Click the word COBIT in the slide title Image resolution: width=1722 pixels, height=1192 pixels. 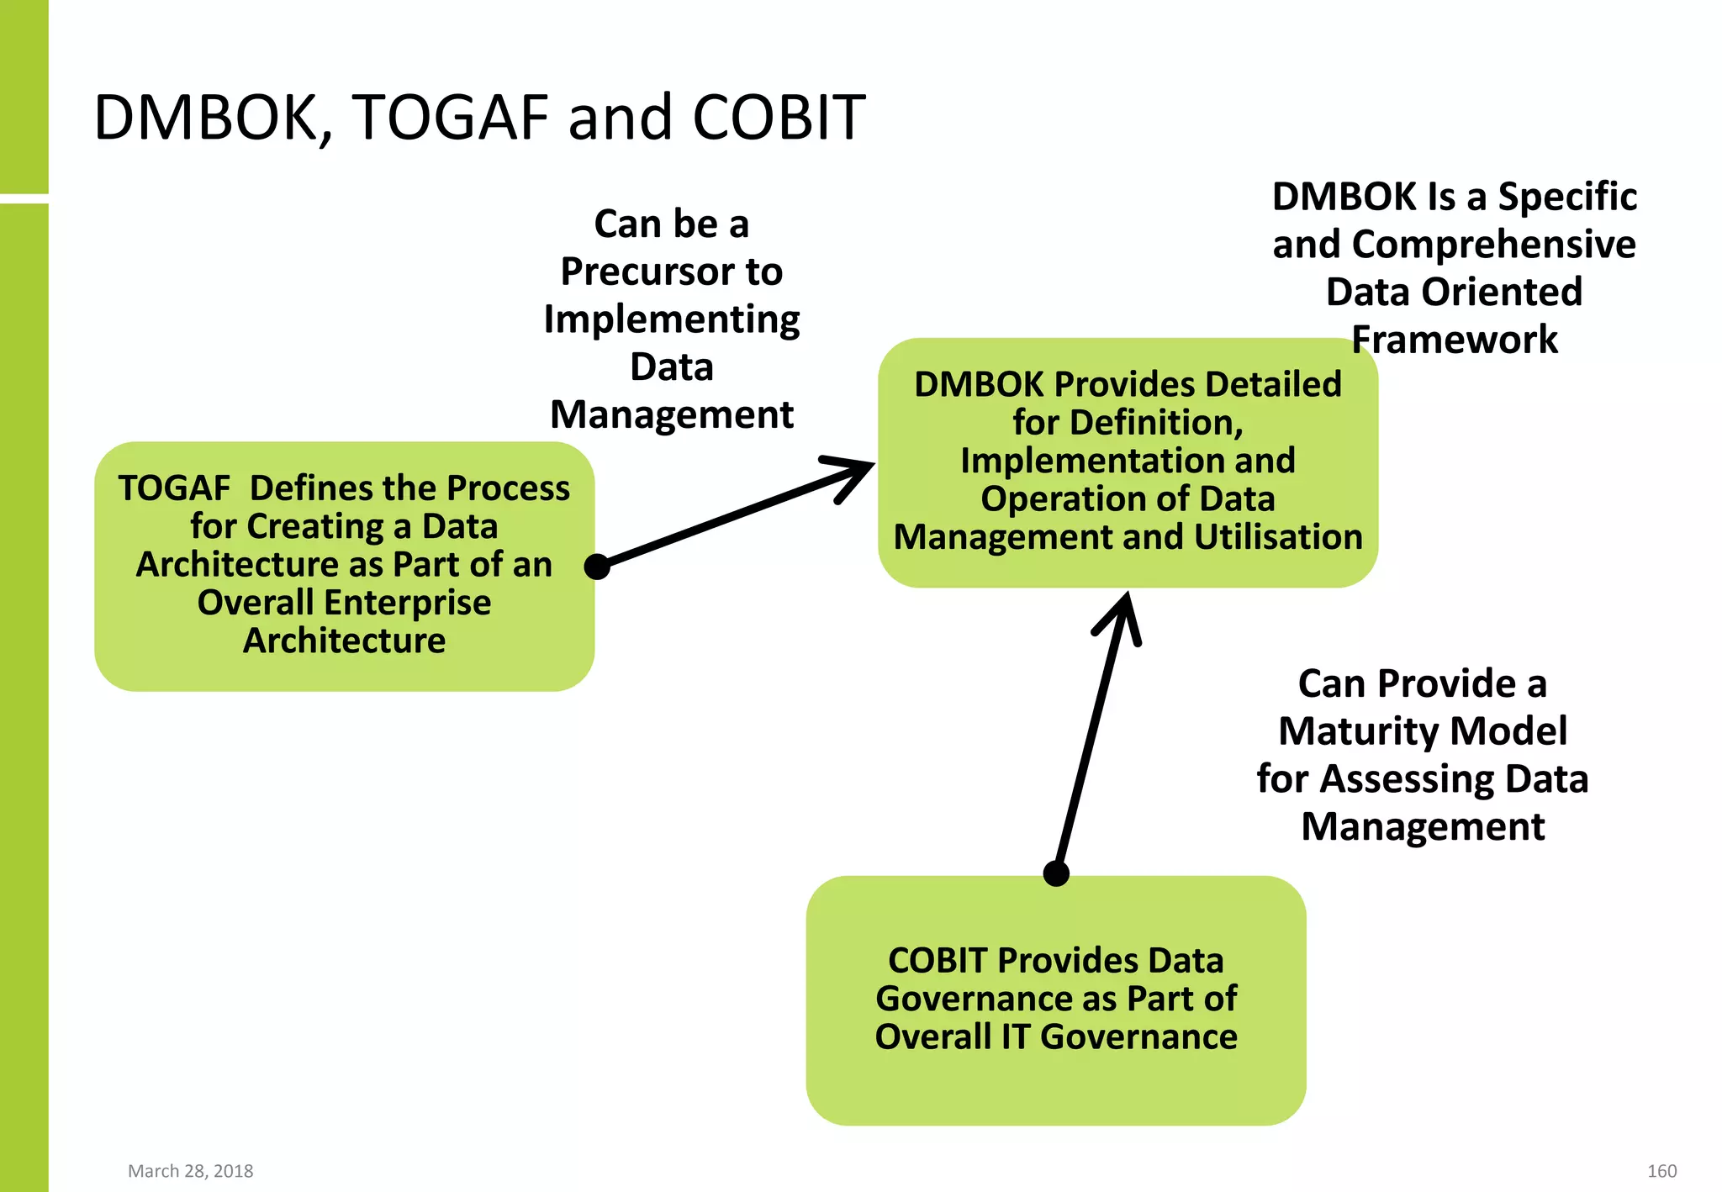tap(779, 118)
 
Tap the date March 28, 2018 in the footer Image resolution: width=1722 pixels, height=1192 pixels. tap(190, 1171)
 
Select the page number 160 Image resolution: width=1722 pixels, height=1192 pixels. tap(1661, 1171)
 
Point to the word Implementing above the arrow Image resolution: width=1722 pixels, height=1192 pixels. tap(671, 319)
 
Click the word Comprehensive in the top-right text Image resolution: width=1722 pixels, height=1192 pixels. tap(1493, 245)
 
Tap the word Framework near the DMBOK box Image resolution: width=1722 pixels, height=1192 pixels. tap(1454, 340)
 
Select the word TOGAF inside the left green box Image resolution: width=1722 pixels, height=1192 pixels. tap(174, 488)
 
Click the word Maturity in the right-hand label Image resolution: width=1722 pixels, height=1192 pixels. tap(1342, 731)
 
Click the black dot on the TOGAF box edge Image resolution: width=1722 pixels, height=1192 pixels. tap(597, 567)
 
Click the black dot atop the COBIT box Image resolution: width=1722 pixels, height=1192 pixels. tap(1056, 873)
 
